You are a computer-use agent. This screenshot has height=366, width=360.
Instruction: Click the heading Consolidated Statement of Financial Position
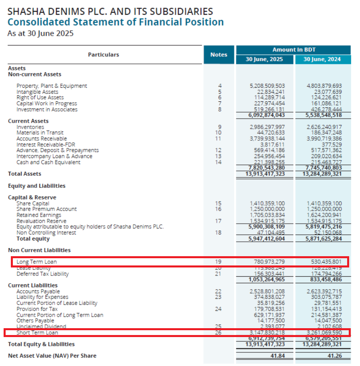click(x=115, y=22)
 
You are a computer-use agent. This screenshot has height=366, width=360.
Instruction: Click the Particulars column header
click(x=104, y=55)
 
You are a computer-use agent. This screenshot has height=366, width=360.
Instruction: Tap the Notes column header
click(x=219, y=55)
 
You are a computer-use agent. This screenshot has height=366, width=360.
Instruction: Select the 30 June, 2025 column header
click(x=264, y=59)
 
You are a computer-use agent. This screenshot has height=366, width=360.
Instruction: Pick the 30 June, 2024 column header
click(x=323, y=59)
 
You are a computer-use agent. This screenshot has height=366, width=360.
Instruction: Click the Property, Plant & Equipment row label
click(x=52, y=86)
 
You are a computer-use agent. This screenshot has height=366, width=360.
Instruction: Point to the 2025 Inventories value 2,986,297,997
click(x=267, y=127)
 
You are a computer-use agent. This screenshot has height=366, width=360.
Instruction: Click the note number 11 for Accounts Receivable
click(x=219, y=139)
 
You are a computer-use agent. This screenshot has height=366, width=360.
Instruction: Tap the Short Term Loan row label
click(x=37, y=333)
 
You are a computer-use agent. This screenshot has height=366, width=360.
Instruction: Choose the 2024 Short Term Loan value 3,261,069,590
click(x=324, y=333)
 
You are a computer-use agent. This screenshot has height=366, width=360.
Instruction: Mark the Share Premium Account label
click(x=47, y=209)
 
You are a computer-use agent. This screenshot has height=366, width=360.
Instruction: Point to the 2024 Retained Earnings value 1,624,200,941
click(x=324, y=215)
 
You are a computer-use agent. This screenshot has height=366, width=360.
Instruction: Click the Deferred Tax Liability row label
click(x=43, y=274)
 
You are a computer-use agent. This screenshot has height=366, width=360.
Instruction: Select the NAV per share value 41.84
click(x=276, y=356)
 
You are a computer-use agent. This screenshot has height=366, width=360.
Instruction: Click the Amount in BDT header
click(x=294, y=50)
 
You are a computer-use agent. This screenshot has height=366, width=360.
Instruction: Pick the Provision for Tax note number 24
click(x=219, y=309)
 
